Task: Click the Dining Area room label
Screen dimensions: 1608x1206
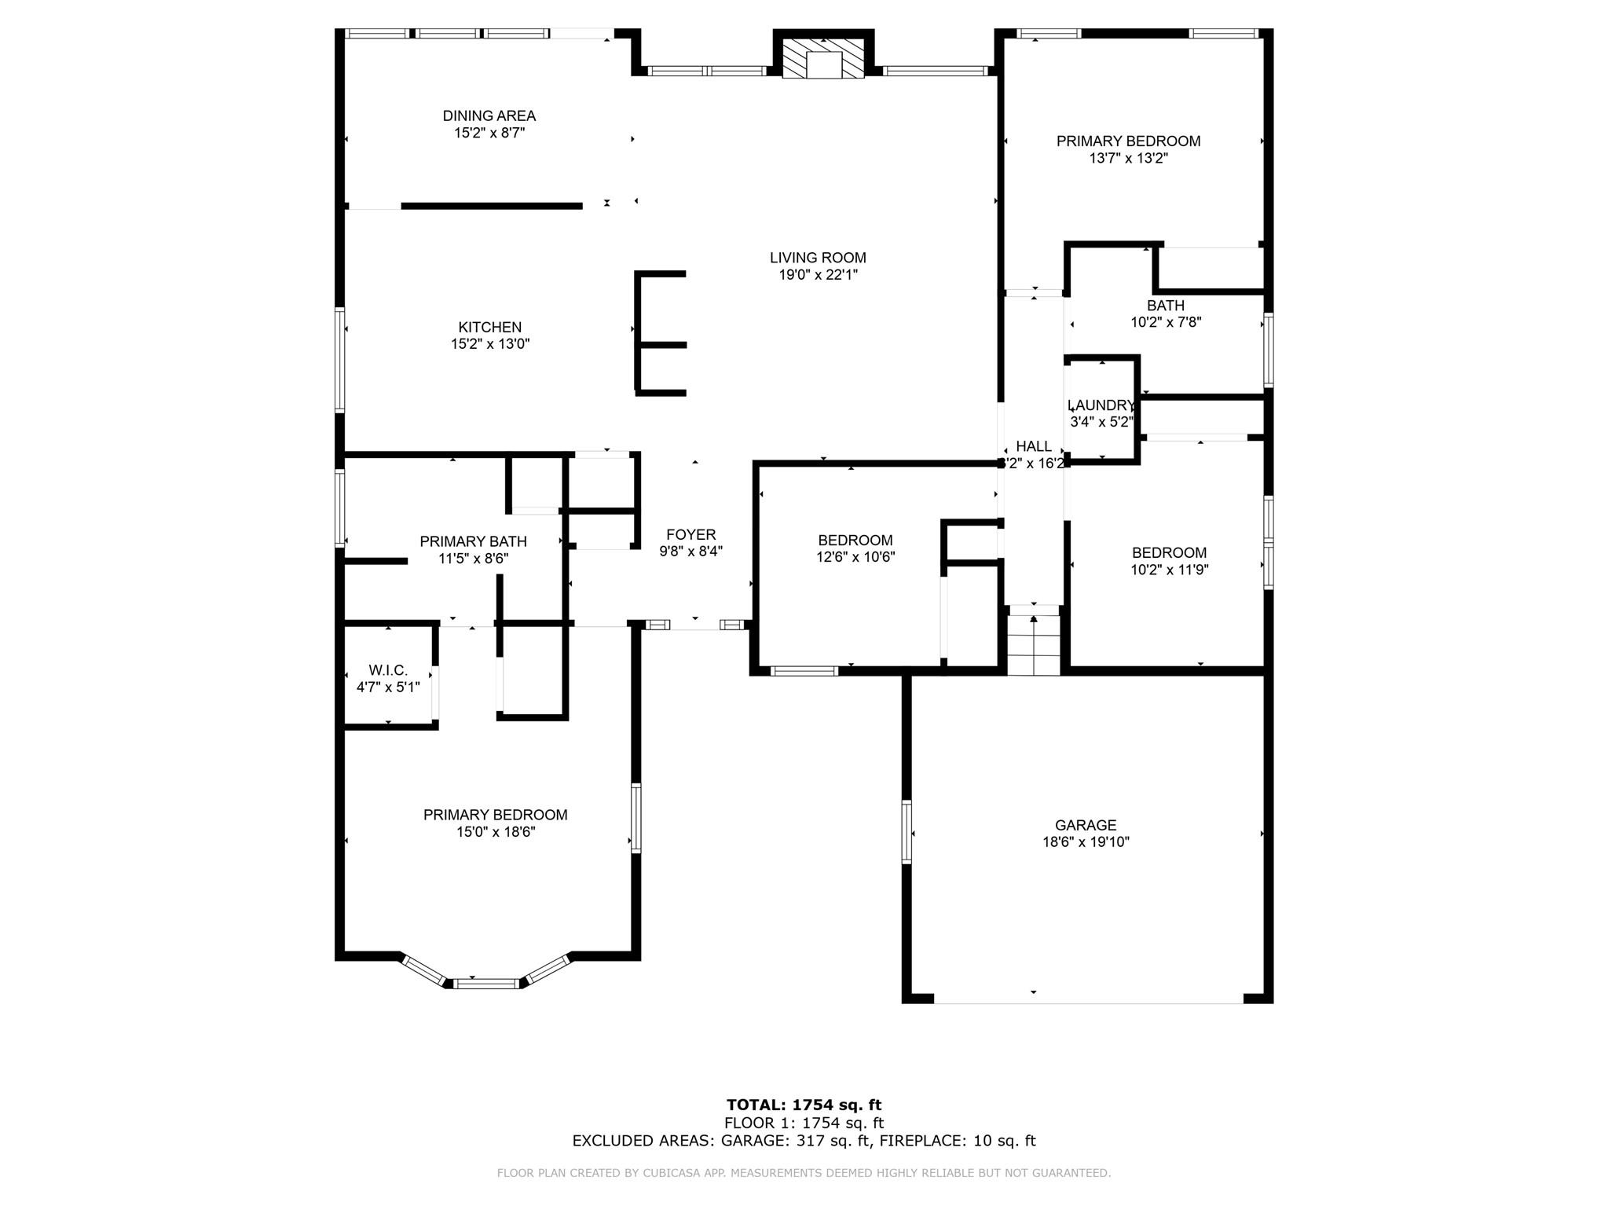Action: (x=489, y=116)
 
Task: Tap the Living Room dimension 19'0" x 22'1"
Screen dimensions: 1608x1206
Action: (x=818, y=275)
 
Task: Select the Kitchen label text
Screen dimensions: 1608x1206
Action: (x=490, y=327)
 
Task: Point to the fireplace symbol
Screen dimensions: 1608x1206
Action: (x=823, y=57)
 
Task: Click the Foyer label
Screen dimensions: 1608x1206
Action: (x=691, y=535)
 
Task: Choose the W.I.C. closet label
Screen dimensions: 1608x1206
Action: (x=388, y=670)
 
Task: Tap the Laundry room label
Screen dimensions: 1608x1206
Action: (x=1101, y=405)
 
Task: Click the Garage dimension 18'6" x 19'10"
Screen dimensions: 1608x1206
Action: (x=1086, y=842)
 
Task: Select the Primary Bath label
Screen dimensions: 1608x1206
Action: (x=473, y=541)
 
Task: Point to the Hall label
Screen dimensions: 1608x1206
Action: (x=1034, y=446)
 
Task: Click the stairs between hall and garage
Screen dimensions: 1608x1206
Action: (x=1034, y=641)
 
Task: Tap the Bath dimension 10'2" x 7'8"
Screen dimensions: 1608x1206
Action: (x=1166, y=322)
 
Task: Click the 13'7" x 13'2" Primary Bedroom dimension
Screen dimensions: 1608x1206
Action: (x=1128, y=158)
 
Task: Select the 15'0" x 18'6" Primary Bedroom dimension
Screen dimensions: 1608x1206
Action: (x=496, y=832)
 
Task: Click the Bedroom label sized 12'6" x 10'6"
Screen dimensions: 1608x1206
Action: (x=855, y=541)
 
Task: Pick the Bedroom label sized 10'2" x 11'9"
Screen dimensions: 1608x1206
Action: (x=1169, y=553)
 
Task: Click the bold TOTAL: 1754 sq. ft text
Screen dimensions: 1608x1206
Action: (x=804, y=1105)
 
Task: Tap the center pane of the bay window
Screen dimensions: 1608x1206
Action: (x=487, y=983)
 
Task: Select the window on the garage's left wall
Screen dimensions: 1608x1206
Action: (x=907, y=832)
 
